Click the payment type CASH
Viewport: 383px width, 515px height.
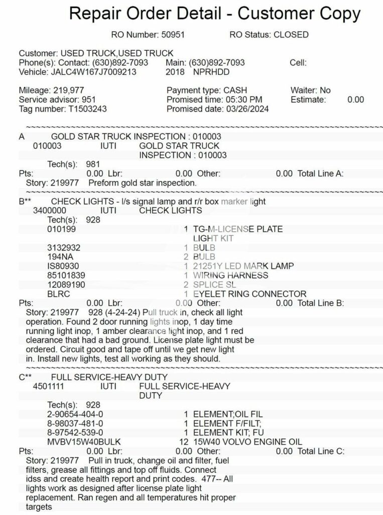pos(235,91)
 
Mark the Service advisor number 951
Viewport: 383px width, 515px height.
pos(89,100)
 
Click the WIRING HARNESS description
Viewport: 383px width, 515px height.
pos(231,275)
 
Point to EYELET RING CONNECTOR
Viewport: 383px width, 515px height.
pos(249,294)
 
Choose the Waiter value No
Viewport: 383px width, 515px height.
pos(325,91)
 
